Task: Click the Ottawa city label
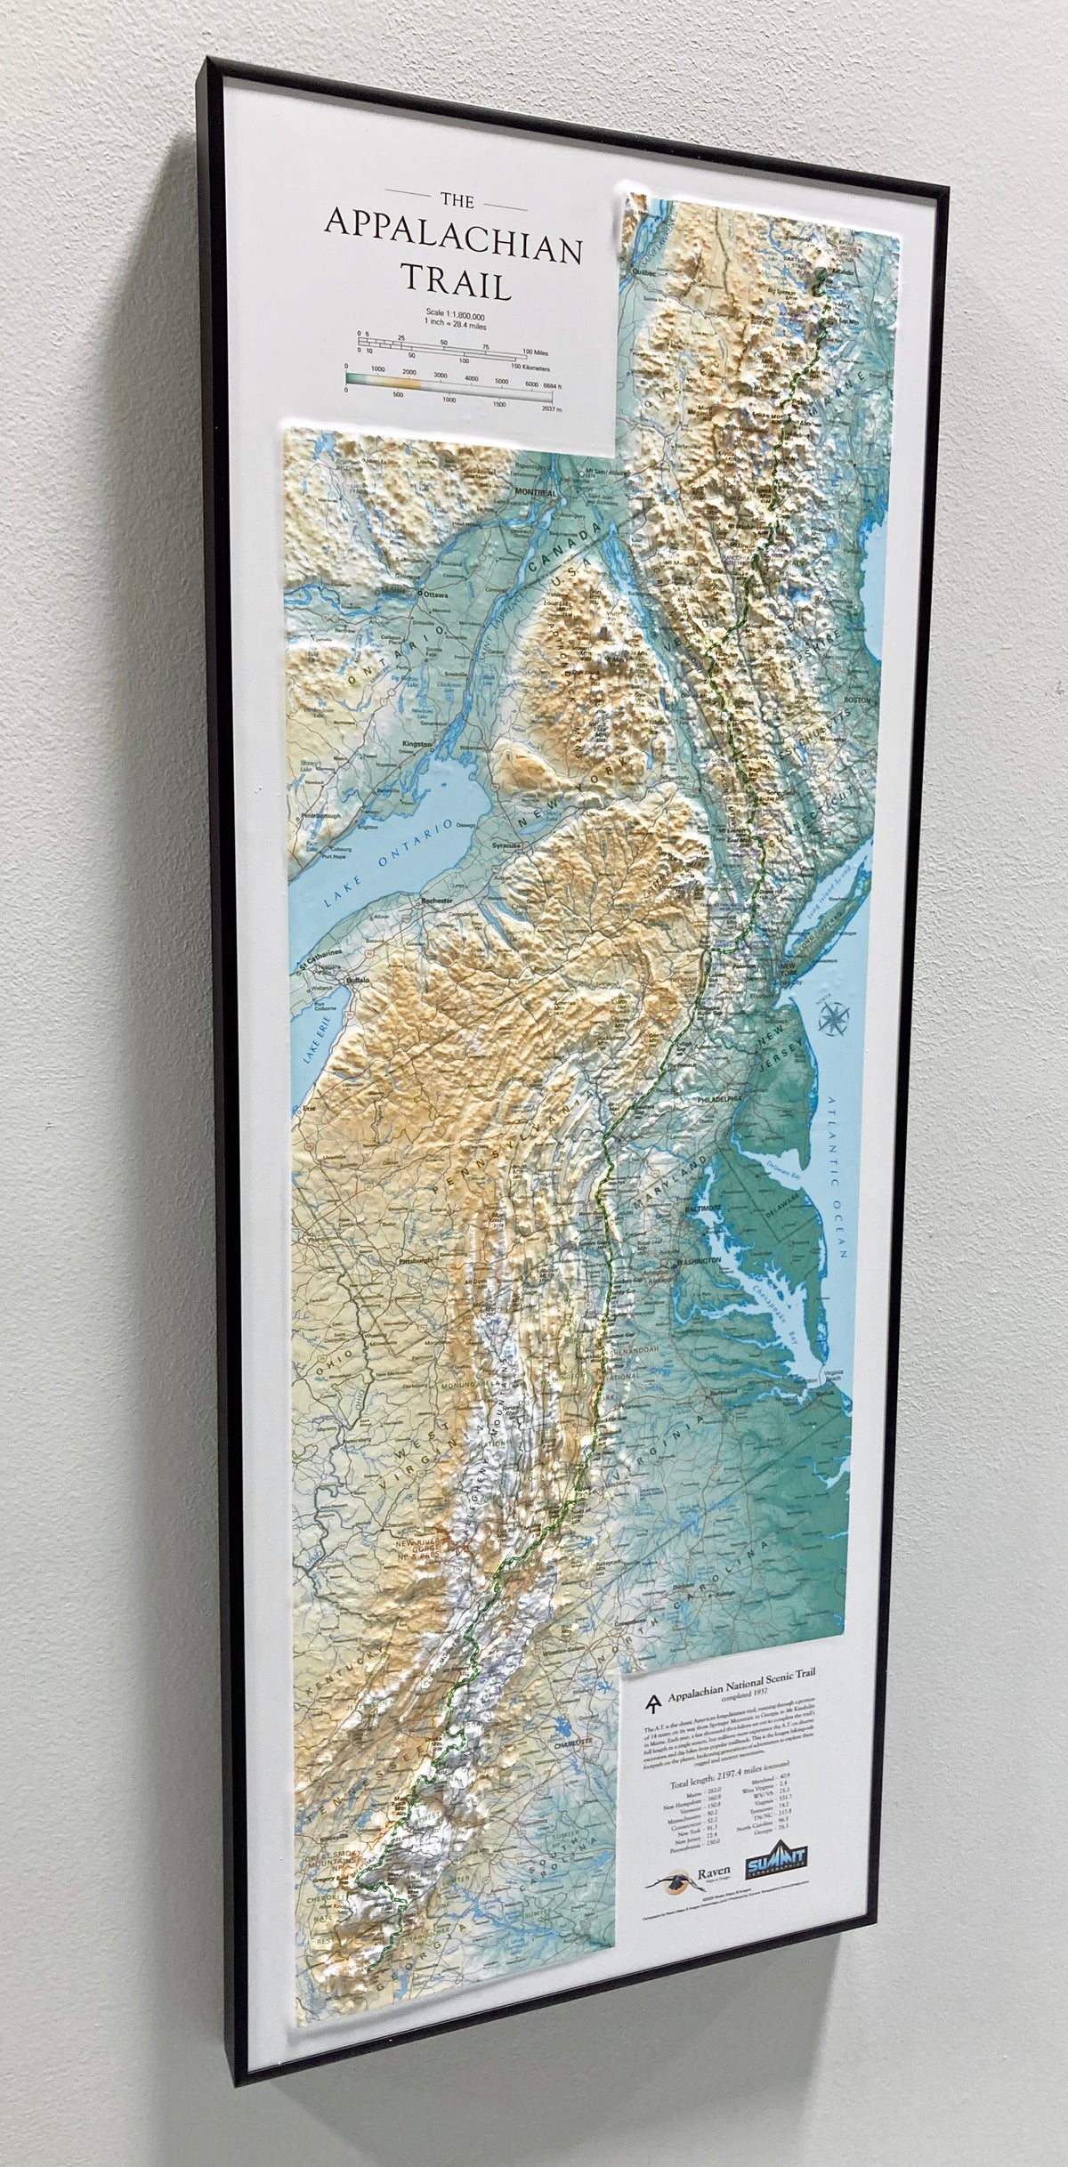(437, 591)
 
